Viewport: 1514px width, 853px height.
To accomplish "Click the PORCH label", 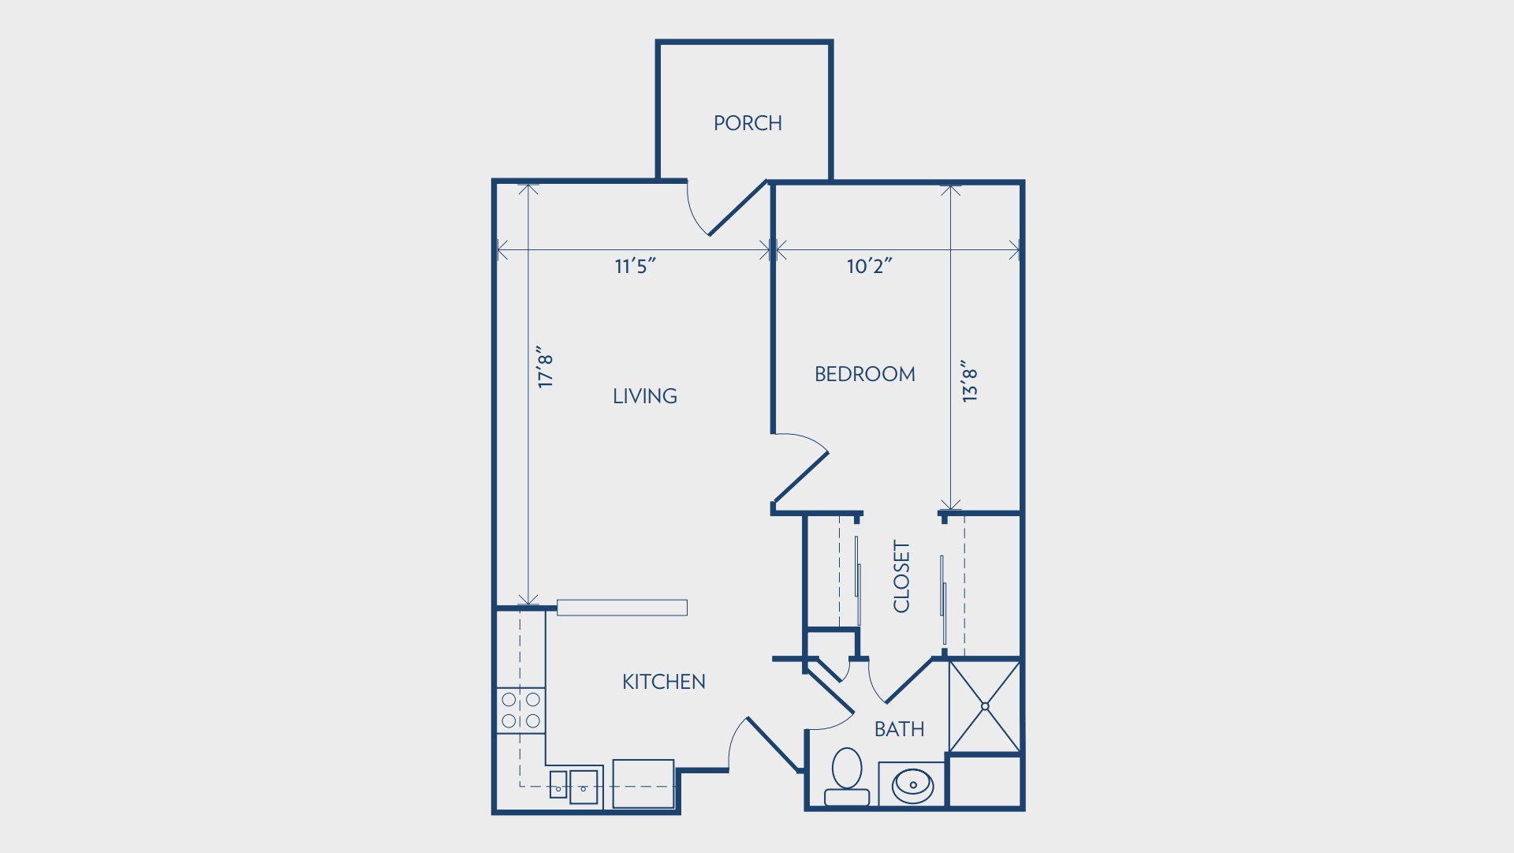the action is [x=748, y=123].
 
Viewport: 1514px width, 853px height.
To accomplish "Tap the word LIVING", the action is [x=645, y=396].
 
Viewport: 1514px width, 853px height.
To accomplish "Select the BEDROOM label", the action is [x=865, y=374].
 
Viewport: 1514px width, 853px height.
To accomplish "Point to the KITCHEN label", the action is [x=664, y=682].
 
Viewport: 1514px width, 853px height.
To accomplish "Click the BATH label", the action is [x=900, y=729].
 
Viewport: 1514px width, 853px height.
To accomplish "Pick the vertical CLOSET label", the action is [x=901, y=576].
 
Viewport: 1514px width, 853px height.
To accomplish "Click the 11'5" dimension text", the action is [x=636, y=266].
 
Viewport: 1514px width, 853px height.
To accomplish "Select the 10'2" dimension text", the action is [x=869, y=266].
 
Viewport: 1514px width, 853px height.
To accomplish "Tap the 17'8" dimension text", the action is [x=545, y=366].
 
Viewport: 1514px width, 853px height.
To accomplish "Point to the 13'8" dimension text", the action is [x=969, y=381].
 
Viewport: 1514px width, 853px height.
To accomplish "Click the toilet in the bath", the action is [x=847, y=777].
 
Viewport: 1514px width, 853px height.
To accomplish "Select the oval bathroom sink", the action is [x=913, y=785].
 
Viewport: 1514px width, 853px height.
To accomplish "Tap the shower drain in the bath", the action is [x=985, y=706].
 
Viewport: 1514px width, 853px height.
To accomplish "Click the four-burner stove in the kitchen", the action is [x=520, y=710].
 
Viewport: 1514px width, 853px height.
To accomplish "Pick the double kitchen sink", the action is [x=574, y=787].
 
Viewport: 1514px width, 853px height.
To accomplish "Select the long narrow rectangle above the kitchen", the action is [x=622, y=608].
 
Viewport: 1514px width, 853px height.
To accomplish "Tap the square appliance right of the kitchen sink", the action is [x=643, y=784].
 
